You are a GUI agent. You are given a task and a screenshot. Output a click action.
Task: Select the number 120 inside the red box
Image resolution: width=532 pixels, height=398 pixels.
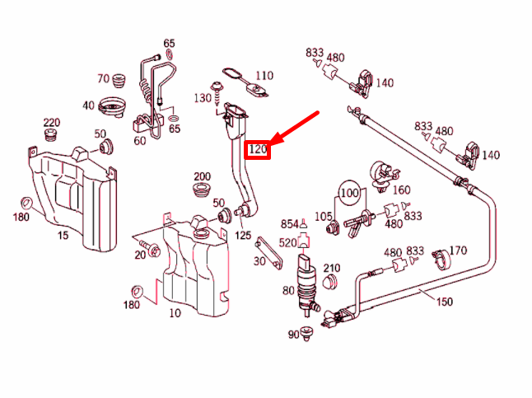259,149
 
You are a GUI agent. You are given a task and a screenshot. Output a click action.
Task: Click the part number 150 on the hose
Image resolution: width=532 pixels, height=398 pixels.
444,302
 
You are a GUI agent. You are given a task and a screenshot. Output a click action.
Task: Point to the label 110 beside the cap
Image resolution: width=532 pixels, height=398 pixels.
264,75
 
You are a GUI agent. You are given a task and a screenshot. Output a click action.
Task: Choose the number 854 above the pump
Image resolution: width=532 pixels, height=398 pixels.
289,224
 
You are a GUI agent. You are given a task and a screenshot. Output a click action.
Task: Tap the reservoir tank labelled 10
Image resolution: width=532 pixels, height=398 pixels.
194,264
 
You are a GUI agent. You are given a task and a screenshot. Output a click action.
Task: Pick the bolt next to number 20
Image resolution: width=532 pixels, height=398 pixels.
152,246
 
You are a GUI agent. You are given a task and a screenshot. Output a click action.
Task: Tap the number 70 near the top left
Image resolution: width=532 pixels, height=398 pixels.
103,79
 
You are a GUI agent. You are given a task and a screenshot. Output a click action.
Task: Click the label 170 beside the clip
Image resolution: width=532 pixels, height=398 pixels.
458,251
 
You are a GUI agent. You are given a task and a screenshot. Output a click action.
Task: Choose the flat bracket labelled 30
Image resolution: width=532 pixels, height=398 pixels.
266,251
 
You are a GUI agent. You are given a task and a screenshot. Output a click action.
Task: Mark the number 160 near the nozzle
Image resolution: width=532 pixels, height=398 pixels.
401,190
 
